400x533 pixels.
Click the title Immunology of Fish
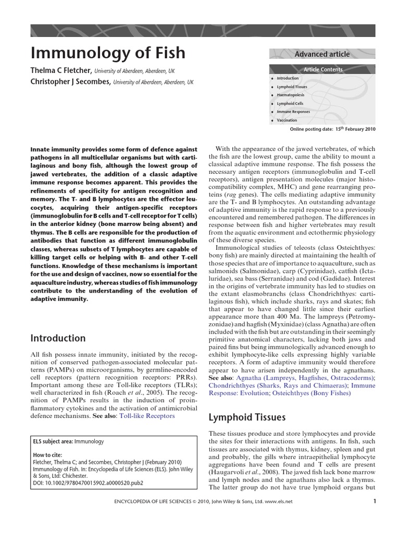click(108, 53)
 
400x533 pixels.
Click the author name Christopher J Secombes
click(71, 82)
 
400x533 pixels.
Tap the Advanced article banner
click(322, 54)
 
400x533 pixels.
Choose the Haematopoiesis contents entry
click(291, 95)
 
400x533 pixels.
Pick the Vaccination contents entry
click(287, 120)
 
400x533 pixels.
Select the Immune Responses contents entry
click(293, 112)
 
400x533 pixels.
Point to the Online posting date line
click(332, 130)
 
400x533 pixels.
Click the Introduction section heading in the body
click(58, 338)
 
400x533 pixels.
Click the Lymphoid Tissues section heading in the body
click(247, 417)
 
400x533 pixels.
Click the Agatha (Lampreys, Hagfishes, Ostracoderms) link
click(305, 377)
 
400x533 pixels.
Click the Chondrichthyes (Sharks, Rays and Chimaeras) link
click(277, 385)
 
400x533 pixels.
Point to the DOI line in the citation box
click(87, 483)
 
